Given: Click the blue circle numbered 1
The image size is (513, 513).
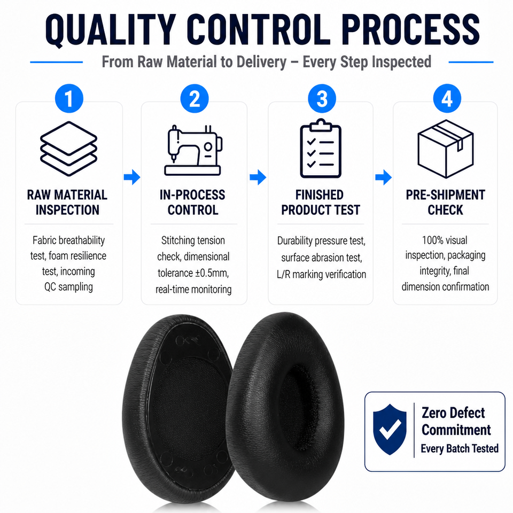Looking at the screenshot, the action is click(69, 98).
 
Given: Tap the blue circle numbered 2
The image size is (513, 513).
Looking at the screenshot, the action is click(195, 98).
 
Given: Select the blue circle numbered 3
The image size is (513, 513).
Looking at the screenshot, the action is click(322, 98).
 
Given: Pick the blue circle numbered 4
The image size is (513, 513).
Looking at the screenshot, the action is click(447, 98).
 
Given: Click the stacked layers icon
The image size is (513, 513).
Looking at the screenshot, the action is click(69, 149).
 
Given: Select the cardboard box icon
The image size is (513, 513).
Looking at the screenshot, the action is click(446, 149).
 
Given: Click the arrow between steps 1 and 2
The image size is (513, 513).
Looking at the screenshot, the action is click(132, 177).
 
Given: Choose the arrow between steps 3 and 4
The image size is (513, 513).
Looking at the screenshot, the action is click(384, 177).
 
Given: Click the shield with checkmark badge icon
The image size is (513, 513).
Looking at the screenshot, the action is click(390, 429).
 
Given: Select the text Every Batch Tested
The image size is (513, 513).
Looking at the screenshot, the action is click(460, 448).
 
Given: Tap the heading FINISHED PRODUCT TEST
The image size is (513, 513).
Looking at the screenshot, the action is click(321, 202).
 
